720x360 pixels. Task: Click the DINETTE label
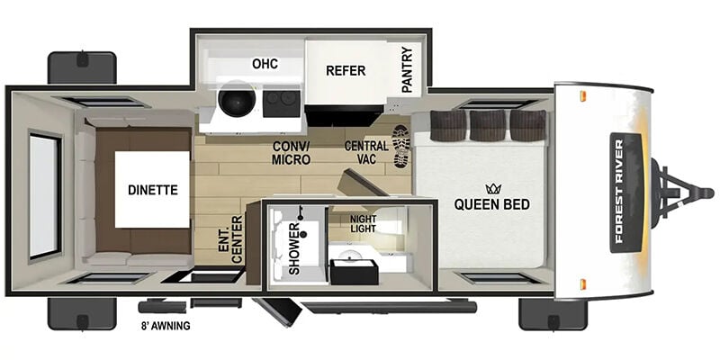(x=152, y=190)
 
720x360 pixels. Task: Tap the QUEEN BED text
(x=491, y=204)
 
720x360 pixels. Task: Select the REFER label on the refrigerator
(x=346, y=71)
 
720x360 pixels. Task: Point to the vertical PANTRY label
(x=407, y=70)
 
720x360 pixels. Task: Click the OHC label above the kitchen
(x=265, y=64)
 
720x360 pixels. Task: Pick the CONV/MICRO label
(x=292, y=153)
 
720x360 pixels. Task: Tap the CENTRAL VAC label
(x=366, y=153)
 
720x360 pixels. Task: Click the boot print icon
(x=401, y=146)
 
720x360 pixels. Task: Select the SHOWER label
(x=294, y=249)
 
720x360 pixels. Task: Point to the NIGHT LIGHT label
(x=364, y=223)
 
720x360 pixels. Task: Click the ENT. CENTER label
(x=231, y=239)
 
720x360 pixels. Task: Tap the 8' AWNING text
(x=166, y=327)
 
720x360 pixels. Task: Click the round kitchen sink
(x=237, y=100)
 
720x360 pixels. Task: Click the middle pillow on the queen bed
(x=488, y=125)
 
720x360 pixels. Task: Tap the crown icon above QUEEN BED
(x=493, y=189)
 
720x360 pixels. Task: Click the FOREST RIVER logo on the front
(x=625, y=193)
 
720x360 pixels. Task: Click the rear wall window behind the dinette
(x=45, y=196)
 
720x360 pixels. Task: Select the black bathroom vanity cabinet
(x=355, y=273)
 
